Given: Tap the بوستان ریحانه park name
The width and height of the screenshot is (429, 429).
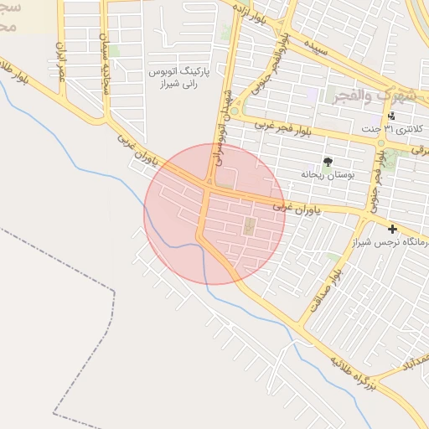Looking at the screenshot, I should point(328,173).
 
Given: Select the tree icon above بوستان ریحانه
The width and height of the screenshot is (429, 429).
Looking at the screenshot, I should point(327,161).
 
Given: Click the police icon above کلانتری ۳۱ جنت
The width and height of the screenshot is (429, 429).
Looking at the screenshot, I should point(391,116).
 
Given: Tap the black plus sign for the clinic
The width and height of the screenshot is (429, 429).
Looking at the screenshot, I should point(391,229).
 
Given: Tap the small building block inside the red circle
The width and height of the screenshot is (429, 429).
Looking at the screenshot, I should point(249,225).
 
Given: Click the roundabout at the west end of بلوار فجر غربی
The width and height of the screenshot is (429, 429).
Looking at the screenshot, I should point(235,111).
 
